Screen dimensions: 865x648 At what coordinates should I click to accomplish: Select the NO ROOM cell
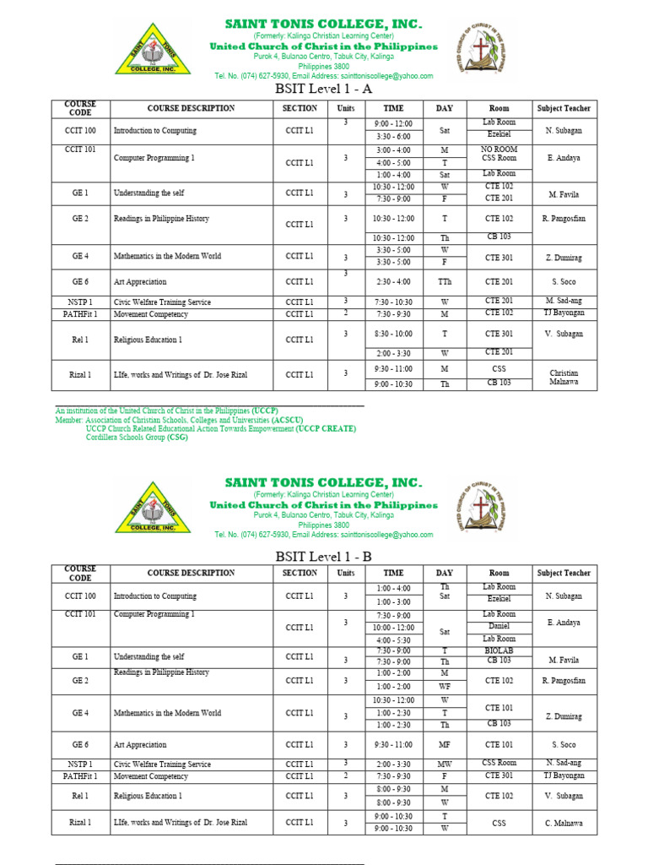[499, 150]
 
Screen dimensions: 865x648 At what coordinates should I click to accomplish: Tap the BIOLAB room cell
[499, 651]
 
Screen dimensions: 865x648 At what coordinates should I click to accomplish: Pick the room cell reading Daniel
[499, 627]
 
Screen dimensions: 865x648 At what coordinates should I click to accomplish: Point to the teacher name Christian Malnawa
[564, 377]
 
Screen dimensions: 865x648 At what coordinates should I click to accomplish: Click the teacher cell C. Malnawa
[564, 823]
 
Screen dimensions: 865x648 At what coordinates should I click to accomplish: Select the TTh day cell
[444, 282]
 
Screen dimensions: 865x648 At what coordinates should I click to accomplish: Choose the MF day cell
[444, 745]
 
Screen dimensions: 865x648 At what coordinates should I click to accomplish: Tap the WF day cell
[444, 687]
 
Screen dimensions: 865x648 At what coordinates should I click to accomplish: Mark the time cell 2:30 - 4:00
[393, 282]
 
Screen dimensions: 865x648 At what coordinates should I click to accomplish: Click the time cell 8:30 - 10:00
[393, 334]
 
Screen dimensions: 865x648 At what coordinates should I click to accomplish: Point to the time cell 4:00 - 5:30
[393, 639]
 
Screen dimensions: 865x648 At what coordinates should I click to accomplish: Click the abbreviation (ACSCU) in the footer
[288, 420]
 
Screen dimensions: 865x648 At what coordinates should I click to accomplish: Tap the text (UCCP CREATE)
[326, 428]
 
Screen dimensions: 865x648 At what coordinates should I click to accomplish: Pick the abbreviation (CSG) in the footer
[177, 438]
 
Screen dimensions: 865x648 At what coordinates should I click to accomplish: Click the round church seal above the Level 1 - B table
[483, 506]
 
